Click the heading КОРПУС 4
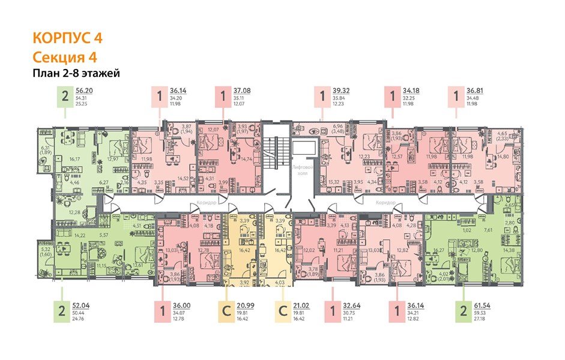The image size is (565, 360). [67, 37]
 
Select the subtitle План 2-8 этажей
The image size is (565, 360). [77, 74]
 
